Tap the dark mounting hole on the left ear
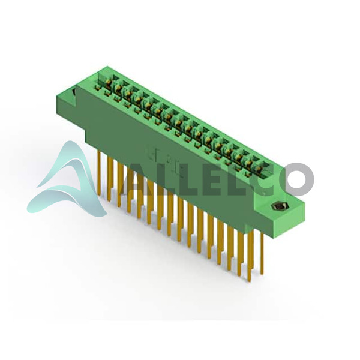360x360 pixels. tap(74, 93)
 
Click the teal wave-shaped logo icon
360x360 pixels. tap(67, 179)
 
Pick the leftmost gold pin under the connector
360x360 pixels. tap(99, 173)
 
